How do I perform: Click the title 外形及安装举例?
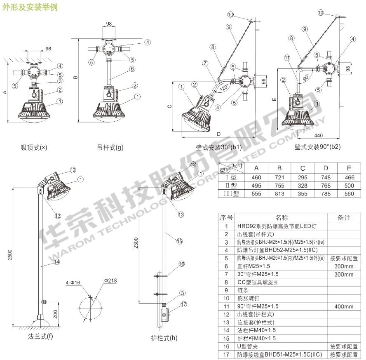(x=30, y=7)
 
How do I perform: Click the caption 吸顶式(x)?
(x=34, y=148)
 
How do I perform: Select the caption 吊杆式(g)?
(x=110, y=148)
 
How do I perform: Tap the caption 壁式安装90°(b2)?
(x=317, y=147)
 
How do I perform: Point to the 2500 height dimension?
(x=10, y=255)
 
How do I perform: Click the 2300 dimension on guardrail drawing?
(x=136, y=243)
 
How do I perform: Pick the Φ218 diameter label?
(x=110, y=281)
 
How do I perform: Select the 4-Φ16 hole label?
(x=73, y=283)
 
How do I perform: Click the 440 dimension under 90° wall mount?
(x=318, y=135)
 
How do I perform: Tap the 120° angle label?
(x=224, y=88)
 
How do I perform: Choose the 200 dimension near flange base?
(x=55, y=314)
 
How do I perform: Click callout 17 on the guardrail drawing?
(x=184, y=304)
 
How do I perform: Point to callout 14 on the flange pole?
(x=57, y=262)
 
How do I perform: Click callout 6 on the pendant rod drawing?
(x=132, y=68)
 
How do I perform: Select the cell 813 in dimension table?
(x=279, y=194)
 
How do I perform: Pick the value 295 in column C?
(x=303, y=177)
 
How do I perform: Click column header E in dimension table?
(x=349, y=168)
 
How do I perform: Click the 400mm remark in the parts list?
(x=344, y=306)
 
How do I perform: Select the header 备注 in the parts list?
(x=344, y=218)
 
